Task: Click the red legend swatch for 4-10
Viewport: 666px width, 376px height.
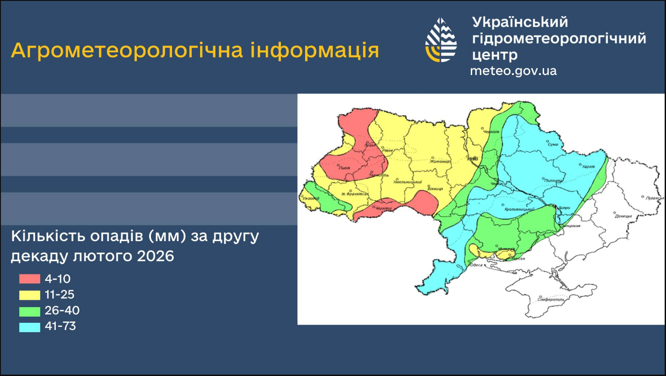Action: coord(29,279)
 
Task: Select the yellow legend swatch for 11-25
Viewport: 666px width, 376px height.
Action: coord(29,295)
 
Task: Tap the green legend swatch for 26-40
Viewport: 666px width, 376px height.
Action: coord(29,311)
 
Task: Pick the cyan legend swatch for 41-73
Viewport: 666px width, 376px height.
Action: coord(29,327)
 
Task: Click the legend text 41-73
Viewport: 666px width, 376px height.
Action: coord(60,326)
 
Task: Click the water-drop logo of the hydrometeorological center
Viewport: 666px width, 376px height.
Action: coord(440,40)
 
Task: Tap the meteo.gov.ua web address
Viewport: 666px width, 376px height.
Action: coord(513,71)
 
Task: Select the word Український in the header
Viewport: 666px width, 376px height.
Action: coord(520,22)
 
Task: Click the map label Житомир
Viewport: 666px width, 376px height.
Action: coord(440,161)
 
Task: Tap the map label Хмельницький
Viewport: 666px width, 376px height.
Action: coord(407,182)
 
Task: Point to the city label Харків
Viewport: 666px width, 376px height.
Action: coord(589,167)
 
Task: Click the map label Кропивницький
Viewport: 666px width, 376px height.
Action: coord(519,209)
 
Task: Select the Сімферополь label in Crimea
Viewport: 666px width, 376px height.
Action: coord(551,299)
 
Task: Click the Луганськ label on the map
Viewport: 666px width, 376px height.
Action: coord(655,198)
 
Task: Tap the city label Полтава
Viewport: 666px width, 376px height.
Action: coord(553,180)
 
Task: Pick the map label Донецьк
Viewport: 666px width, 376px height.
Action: coord(623,216)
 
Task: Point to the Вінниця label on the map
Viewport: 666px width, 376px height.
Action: coord(435,189)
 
